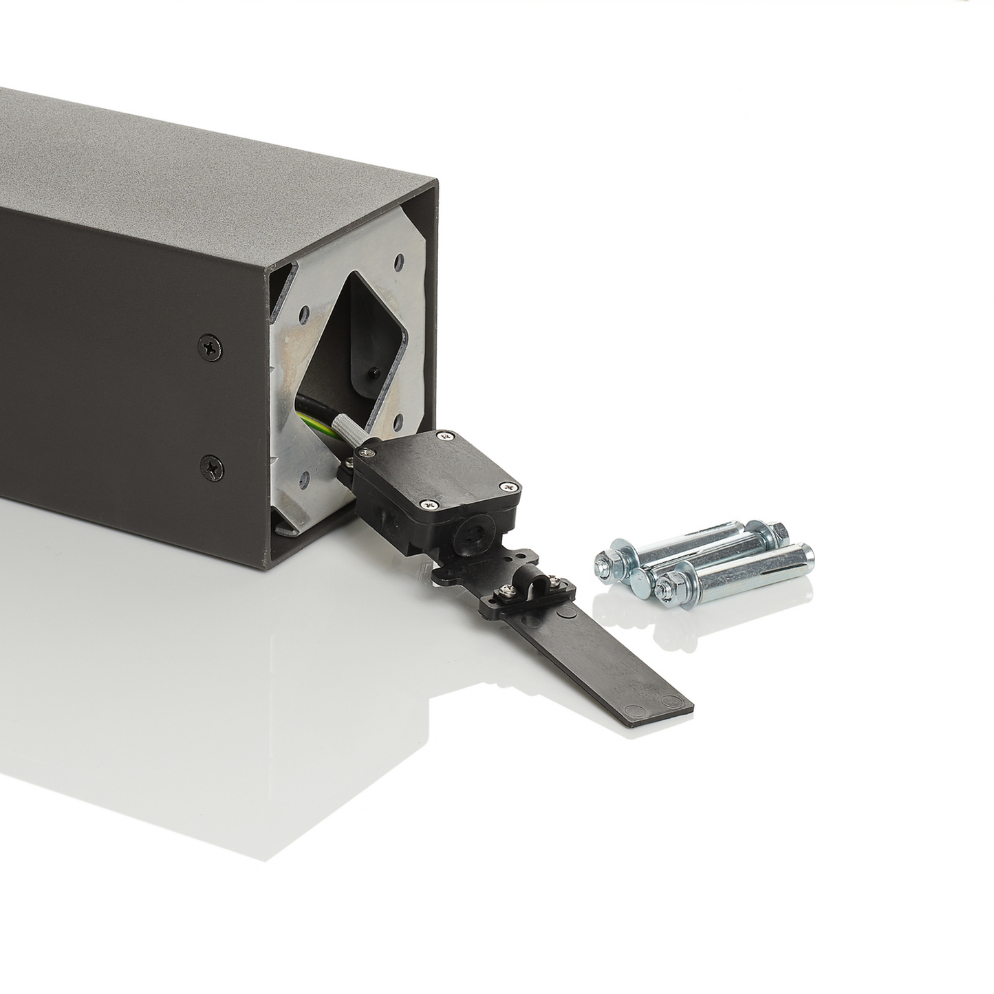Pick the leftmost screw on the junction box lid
point(363,452)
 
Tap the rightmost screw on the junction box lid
point(509,486)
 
